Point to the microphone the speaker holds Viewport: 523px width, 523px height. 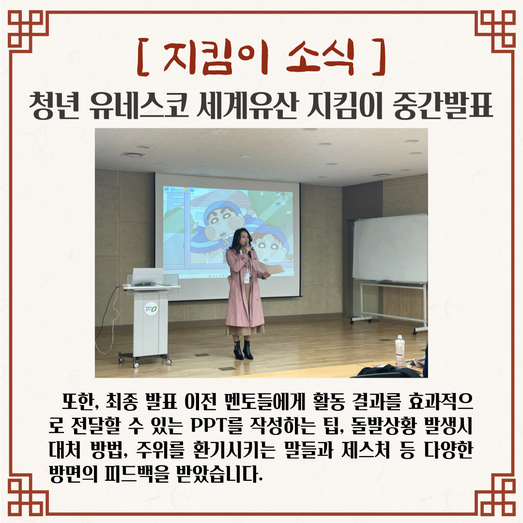pyautogui.click(x=248, y=249)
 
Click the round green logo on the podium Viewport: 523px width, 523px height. pyautogui.click(x=151, y=309)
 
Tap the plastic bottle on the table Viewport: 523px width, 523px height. pyautogui.click(x=400, y=351)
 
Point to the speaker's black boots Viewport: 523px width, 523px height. pyautogui.click(x=243, y=350)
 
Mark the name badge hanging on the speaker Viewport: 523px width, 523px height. pyautogui.click(x=247, y=277)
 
